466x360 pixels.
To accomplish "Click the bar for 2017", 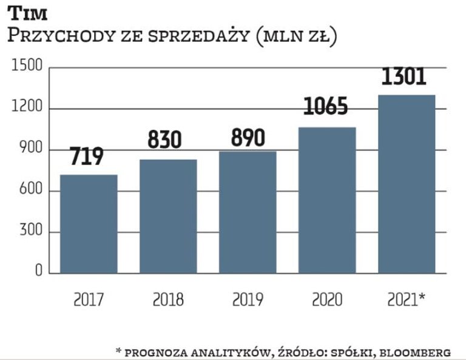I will pos(89,223).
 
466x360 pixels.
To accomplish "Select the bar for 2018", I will pos(168,216).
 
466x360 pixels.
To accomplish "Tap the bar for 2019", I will pos(248,212).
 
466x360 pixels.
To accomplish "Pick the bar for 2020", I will pos(327,200).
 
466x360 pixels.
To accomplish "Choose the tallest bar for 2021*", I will pos(407,183).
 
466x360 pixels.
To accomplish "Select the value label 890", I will pos(248,138).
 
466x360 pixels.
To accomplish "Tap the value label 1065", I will pos(326,107).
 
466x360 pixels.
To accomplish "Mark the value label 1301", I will pos(404,77).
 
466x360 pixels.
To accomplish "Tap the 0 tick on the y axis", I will pos(38,272).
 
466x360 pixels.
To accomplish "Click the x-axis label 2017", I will pos(89,299).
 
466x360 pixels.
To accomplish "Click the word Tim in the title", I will pos(27,13).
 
